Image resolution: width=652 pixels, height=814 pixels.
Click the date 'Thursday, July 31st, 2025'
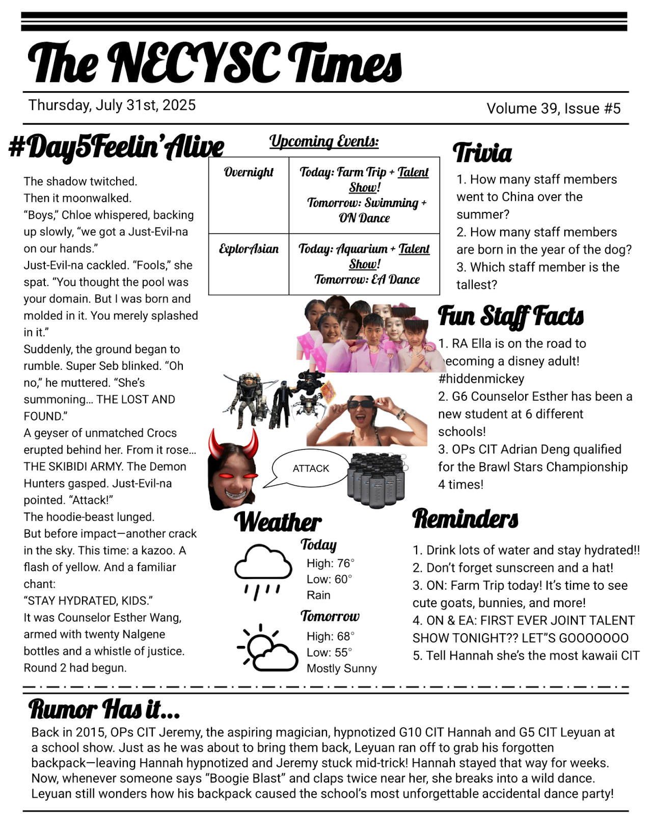click(x=112, y=105)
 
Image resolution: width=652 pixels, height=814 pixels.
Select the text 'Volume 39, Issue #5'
click(x=553, y=108)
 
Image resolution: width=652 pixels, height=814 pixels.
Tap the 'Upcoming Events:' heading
click(x=324, y=141)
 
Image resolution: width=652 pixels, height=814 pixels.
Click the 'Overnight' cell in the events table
click(x=249, y=172)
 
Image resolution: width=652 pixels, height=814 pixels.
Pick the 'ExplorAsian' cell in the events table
click(x=249, y=249)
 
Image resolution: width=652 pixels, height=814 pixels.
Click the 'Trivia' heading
click(x=482, y=153)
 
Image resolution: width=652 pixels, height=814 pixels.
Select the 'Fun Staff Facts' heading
click(x=510, y=316)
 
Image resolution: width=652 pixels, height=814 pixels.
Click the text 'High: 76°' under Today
click(x=330, y=563)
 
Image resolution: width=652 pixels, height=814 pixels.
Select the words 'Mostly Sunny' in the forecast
click(x=341, y=668)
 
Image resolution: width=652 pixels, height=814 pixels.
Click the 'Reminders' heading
click(x=465, y=519)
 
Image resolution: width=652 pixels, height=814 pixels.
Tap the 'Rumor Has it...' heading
click(x=104, y=709)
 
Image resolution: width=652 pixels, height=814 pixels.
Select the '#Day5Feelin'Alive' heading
click(x=116, y=147)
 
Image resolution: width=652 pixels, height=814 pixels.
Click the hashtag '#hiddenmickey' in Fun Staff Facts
click(x=481, y=378)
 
